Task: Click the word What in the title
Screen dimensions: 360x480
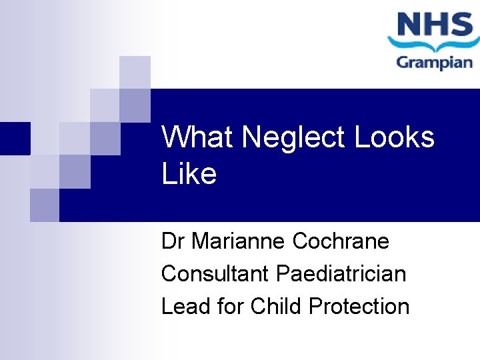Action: [198, 137]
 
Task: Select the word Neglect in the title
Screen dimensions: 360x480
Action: [294, 137]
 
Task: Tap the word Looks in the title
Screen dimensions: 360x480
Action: [395, 137]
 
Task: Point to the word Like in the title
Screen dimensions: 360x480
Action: [189, 174]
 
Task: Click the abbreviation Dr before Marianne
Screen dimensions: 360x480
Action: [173, 241]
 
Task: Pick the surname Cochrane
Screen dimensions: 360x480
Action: [341, 241]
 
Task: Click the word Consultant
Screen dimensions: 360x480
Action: [216, 273]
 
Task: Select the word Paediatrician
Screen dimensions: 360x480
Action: [341, 273]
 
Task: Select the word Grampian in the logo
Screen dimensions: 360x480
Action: [435, 63]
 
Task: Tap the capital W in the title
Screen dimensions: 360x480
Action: [175, 137]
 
